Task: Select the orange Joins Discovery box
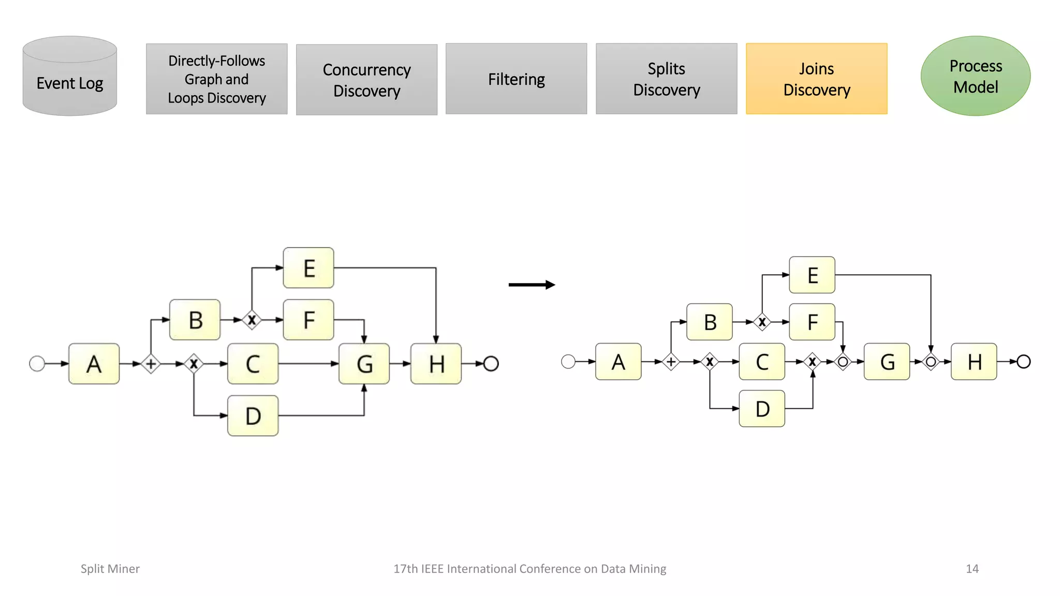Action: point(816,79)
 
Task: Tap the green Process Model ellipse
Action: point(975,76)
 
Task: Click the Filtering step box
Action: point(516,79)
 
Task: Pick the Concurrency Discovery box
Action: point(366,80)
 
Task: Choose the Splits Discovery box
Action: point(666,79)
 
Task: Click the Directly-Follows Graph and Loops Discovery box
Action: point(216,79)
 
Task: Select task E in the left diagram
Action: point(308,268)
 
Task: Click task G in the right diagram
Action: point(887,362)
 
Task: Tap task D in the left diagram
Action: point(253,415)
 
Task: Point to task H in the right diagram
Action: point(974,362)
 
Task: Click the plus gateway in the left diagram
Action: point(151,364)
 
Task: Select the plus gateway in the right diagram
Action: point(671,362)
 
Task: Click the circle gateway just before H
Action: point(931,362)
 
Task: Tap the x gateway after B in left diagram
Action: point(252,320)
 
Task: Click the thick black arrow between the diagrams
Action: point(532,285)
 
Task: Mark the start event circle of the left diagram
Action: point(37,364)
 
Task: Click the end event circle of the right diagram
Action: point(1023,362)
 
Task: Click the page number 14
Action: point(972,569)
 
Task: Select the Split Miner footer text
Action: point(110,569)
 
